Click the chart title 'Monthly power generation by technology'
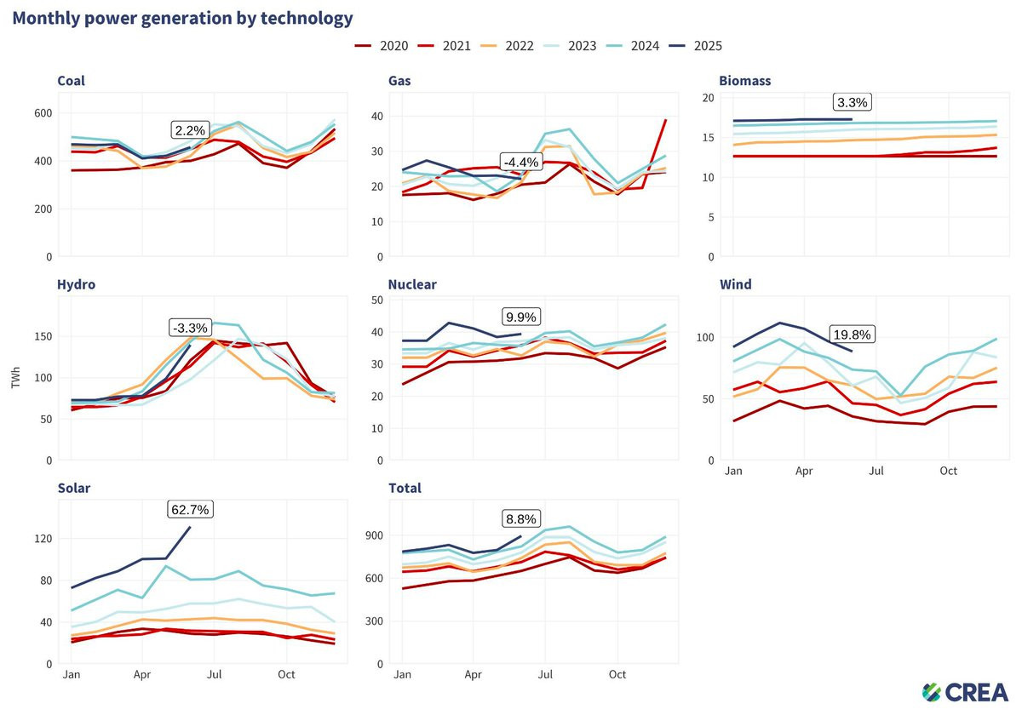(182, 18)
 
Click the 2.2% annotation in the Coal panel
(190, 130)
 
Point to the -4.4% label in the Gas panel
(519, 162)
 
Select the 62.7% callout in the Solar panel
(188, 509)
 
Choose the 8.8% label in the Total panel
(520, 518)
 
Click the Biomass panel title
(745, 81)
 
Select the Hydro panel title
(76, 284)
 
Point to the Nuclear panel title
(412, 284)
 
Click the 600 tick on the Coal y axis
(41, 113)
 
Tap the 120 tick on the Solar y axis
(41, 539)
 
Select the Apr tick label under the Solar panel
(142, 674)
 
